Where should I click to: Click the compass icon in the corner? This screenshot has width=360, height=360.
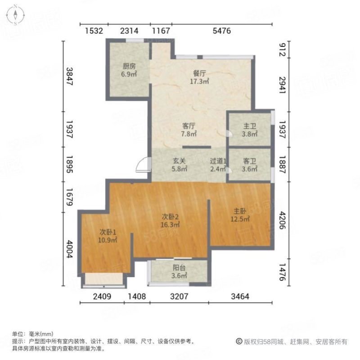[x=15, y=15]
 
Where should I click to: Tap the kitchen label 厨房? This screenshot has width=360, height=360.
[x=129, y=66]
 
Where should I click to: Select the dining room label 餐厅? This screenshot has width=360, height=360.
[x=199, y=73]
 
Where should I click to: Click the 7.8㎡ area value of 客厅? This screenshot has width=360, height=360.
[x=189, y=134]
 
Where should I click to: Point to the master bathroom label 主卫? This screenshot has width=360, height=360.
[x=250, y=126]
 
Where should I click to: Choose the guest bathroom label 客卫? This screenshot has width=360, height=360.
[x=250, y=161]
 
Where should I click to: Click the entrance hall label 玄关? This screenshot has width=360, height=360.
[x=179, y=161]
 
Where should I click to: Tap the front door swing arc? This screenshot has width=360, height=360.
[x=142, y=164]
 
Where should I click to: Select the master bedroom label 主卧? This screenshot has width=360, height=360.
[x=240, y=211]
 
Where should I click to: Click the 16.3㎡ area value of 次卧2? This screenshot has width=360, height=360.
[x=170, y=225]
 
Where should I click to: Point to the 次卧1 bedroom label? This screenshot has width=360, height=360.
[x=108, y=232]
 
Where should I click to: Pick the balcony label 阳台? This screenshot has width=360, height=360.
[x=179, y=268]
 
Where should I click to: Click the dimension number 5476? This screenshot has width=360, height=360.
[x=221, y=31]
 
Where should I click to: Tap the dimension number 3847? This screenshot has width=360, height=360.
[x=69, y=76]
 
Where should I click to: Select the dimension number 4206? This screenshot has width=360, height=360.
[x=282, y=220]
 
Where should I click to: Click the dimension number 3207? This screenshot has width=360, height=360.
[x=179, y=297]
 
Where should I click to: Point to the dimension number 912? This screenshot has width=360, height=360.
[x=282, y=49]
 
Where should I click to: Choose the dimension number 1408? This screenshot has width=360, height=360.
[x=137, y=297]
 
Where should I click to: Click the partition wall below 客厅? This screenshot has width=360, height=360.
[x=197, y=147]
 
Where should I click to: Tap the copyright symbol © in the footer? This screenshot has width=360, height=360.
[x=239, y=342]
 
